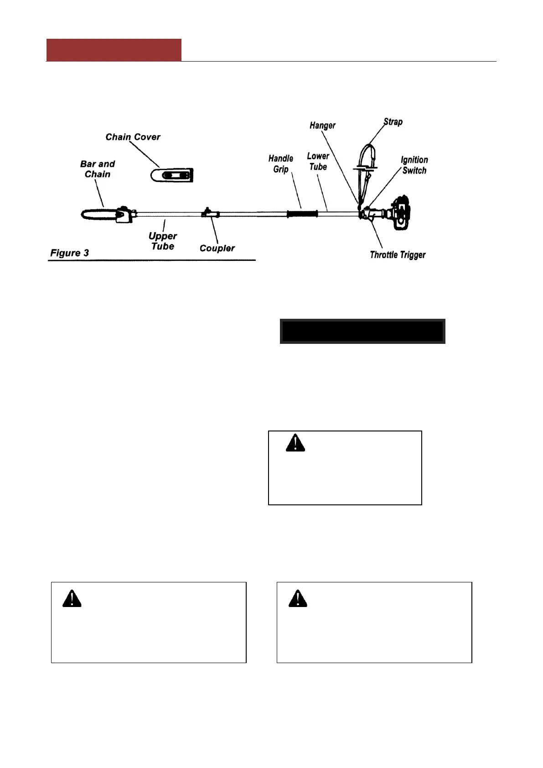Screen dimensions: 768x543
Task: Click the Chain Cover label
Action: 133,137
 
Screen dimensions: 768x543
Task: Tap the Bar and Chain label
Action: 97,169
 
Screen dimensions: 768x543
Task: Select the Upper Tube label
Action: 162,241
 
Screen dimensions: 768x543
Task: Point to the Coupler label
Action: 217,248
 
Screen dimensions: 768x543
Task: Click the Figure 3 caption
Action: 69,253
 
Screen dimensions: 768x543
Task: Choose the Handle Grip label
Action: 280,164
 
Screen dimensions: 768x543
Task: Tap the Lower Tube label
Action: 318,161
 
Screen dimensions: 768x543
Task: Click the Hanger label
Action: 322,125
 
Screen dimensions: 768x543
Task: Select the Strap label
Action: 393,122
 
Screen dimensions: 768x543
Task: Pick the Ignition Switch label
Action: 414,165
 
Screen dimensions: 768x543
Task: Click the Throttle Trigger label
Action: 398,254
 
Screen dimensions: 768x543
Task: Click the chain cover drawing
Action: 172,175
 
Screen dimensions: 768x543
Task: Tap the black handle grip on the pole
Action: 302,214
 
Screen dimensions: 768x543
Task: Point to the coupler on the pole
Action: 210,213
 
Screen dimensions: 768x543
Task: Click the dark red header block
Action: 114,50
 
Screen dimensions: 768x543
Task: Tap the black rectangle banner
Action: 362,331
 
